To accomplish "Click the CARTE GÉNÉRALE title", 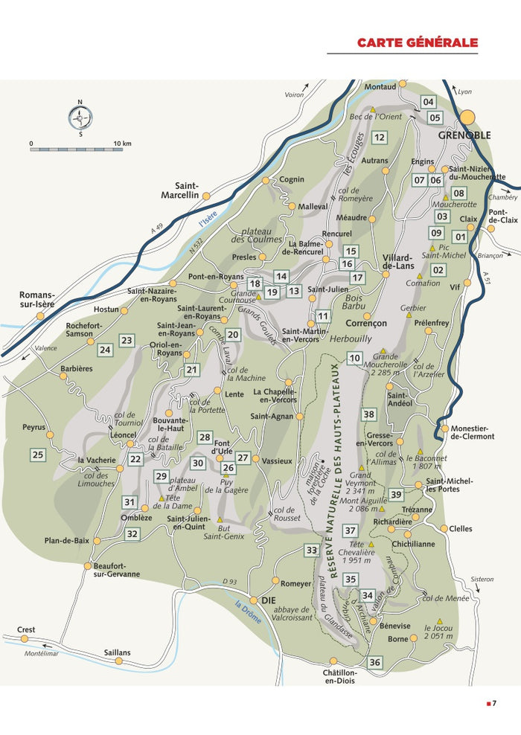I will coord(417,42).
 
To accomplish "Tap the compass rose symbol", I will coord(80,118).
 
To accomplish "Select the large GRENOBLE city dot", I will coord(467,117).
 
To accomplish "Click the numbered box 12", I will coord(380,137).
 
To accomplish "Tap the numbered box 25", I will coord(38,455).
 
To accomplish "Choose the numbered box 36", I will coord(375,662).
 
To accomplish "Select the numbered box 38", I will coord(369,414).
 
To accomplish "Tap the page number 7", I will coord(493,704).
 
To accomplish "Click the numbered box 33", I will coord(312,551).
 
